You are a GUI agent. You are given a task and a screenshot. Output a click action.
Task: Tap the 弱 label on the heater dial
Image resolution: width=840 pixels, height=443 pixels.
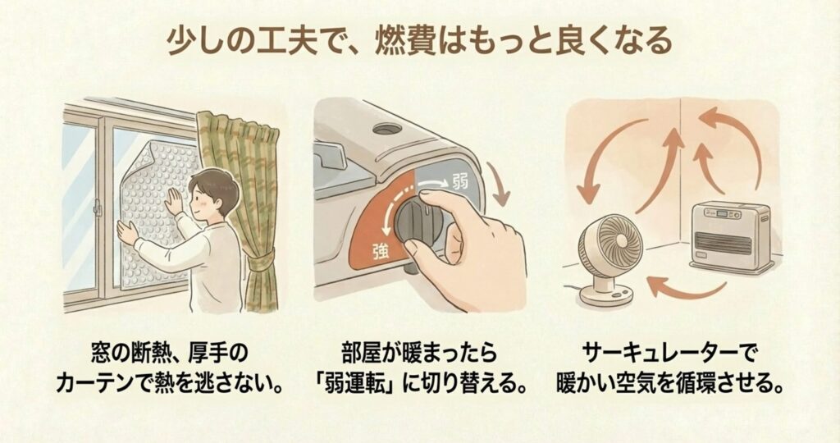click(459, 182)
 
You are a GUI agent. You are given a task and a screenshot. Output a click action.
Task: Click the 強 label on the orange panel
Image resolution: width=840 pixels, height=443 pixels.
click(380, 252)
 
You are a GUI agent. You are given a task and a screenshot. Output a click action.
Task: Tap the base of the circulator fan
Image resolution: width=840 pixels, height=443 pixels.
click(606, 296)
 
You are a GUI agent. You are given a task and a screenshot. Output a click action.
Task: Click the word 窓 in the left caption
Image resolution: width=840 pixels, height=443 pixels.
click(101, 353)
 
